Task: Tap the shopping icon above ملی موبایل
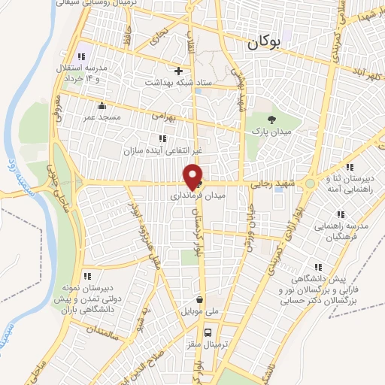(199, 297)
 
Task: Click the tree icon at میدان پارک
(272, 120)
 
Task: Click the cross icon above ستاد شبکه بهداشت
(177, 71)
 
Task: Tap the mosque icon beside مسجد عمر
(102, 105)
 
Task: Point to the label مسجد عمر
(102, 117)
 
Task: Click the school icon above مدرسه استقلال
(82, 57)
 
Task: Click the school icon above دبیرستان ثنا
(348, 166)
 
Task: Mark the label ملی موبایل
(199, 310)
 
